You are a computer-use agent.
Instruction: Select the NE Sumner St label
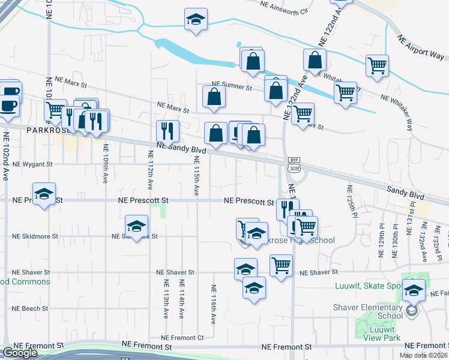tap(231, 87)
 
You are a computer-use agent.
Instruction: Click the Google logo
tap(20, 353)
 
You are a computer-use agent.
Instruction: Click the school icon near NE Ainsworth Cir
tap(196, 20)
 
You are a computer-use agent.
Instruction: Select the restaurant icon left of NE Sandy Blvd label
tap(167, 131)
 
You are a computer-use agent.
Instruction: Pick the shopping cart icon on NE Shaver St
tap(281, 265)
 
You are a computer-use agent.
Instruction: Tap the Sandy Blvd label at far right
tap(407, 194)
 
